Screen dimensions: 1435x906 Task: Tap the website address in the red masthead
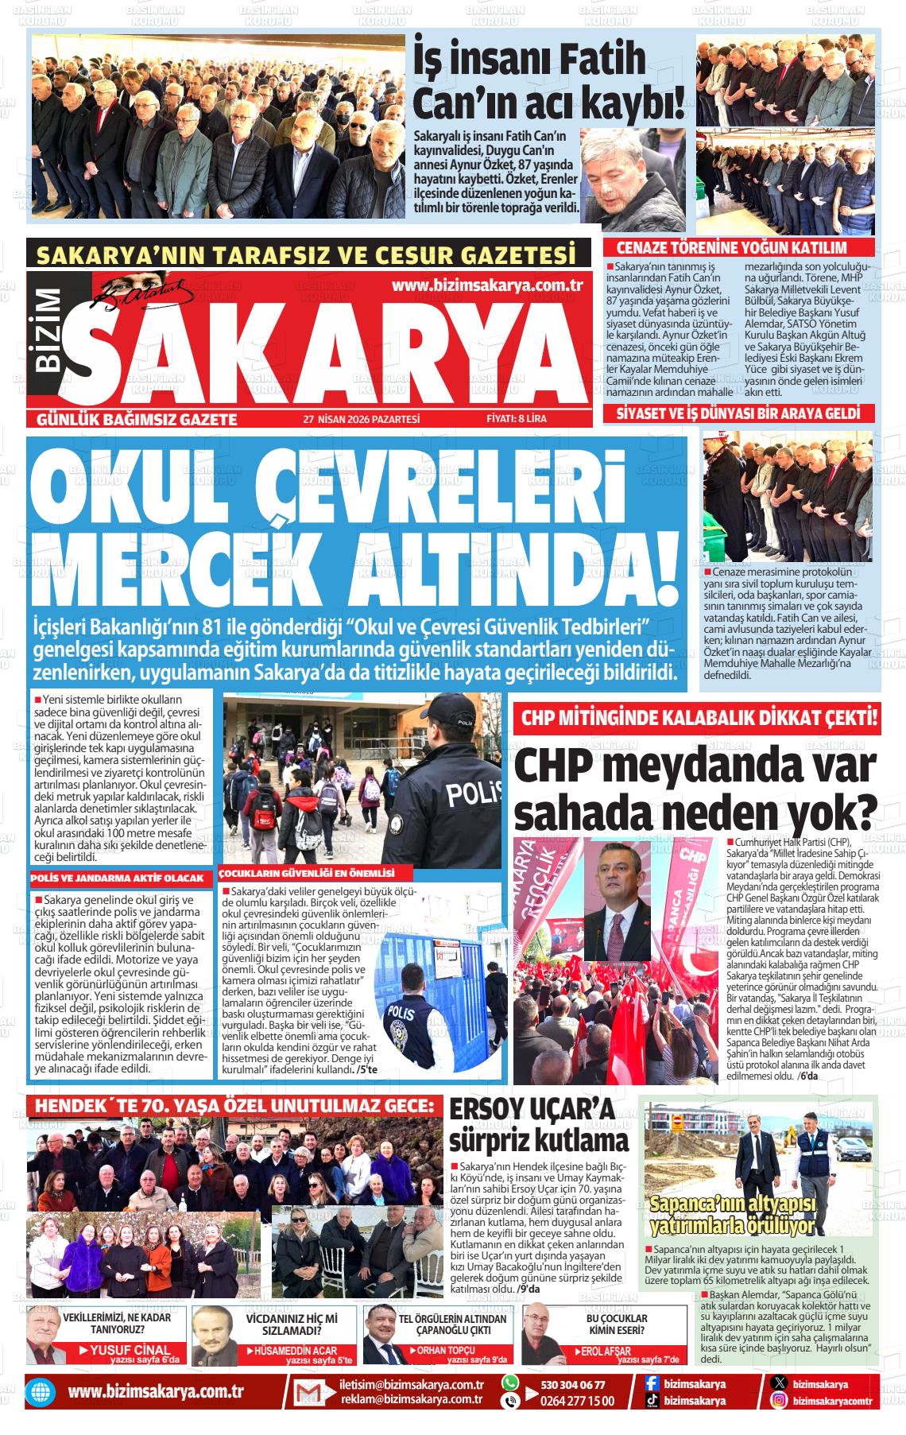[488, 286]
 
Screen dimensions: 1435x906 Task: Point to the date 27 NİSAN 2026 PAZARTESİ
[361, 419]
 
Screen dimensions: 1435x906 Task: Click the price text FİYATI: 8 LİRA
[517, 419]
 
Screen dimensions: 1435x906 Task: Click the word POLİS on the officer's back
[474, 793]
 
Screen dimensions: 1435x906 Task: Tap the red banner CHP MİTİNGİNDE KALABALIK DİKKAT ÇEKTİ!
[699, 719]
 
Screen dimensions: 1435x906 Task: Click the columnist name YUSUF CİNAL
[130, 1350]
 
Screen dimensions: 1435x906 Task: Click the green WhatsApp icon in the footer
[510, 1383]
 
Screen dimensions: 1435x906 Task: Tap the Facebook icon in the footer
[652, 1384]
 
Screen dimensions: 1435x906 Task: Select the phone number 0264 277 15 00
[576, 1401]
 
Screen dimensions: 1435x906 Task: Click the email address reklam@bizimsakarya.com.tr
[412, 1400]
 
